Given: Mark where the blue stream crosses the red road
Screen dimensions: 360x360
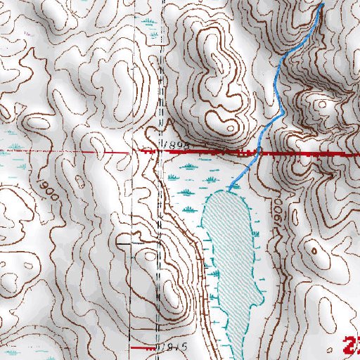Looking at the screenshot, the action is [257, 151].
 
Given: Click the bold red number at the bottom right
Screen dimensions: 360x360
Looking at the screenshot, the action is [352, 345].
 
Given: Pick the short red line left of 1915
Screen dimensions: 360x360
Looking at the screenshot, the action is [145, 347].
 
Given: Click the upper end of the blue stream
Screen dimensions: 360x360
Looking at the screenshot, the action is [323, 4].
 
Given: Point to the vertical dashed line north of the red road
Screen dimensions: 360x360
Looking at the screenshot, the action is [162, 70].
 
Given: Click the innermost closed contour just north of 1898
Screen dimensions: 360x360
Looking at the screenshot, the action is [229, 127].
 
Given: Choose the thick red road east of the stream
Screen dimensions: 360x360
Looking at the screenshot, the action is [309, 152].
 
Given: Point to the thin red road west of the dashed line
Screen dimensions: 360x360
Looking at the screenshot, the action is [70, 151].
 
